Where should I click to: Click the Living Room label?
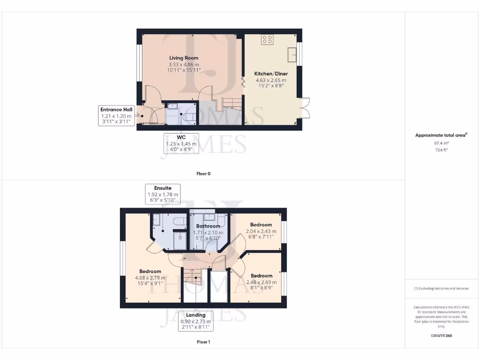tap(184, 58)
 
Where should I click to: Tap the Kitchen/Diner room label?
tap(271, 74)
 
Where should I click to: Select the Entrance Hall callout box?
tap(115, 115)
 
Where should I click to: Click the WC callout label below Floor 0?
tap(180, 143)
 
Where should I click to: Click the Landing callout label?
tap(195, 321)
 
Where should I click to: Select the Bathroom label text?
tap(208, 226)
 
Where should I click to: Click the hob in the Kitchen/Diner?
tap(267, 40)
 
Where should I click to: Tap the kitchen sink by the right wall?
tap(294, 54)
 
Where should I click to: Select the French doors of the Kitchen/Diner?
tap(305, 109)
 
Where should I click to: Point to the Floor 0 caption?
tap(203, 174)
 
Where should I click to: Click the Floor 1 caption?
tap(203, 342)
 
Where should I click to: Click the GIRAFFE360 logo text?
tap(442, 336)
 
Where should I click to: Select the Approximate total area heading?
tap(442, 135)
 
